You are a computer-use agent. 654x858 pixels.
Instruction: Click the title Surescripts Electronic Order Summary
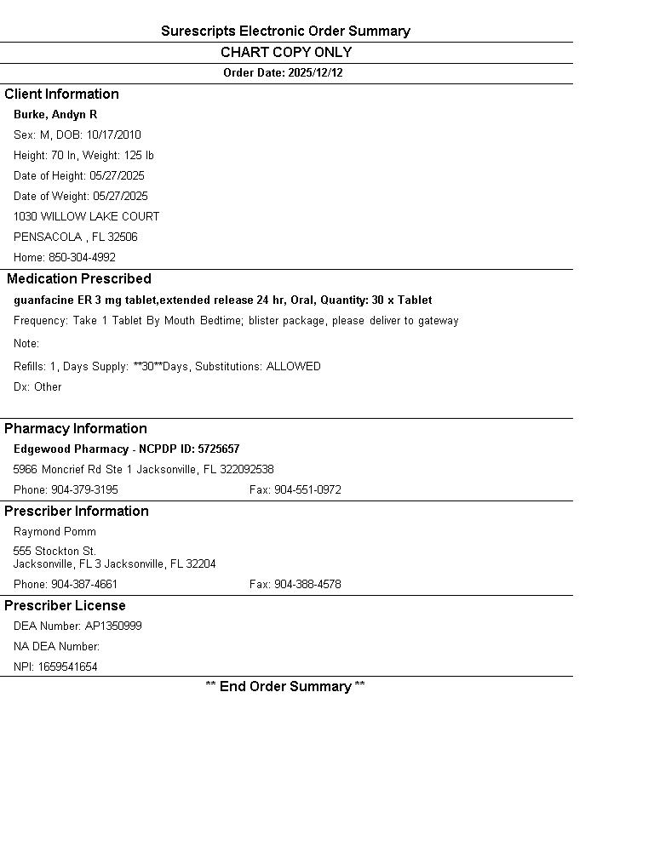pos(285,31)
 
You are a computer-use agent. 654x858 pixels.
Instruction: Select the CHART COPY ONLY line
pos(286,53)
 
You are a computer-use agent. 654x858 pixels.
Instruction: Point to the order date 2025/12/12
pos(315,73)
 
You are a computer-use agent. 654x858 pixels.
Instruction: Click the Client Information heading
pos(61,94)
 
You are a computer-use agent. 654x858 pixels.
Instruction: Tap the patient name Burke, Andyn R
pos(55,115)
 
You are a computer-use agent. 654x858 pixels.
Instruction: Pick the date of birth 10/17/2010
pos(113,135)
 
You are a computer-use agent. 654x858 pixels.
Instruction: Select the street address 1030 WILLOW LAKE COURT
pos(86,217)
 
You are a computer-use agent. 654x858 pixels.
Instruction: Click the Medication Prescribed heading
pos(79,279)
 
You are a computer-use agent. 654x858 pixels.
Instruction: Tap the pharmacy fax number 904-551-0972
pos(307,490)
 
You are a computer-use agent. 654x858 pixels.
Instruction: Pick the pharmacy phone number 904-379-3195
pos(84,490)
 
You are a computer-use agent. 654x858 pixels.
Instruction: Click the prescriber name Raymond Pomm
pos(54,532)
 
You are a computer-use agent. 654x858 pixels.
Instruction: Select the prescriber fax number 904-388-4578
pos(307,585)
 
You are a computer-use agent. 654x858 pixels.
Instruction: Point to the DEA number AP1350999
pos(113,626)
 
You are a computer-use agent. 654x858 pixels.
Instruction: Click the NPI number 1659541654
pos(67,667)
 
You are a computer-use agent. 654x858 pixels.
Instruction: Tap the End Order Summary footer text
pos(285,687)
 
